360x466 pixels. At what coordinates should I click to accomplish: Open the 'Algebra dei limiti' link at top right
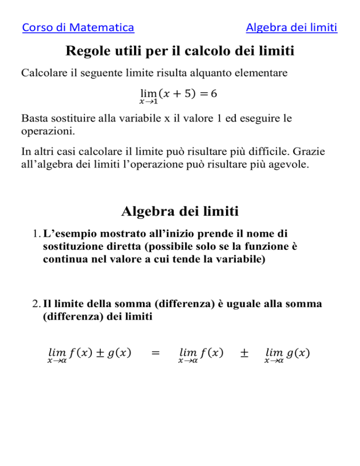point(291,28)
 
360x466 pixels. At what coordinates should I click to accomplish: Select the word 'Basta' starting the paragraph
point(35,119)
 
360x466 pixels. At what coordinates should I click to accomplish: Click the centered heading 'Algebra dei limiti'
point(180,212)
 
